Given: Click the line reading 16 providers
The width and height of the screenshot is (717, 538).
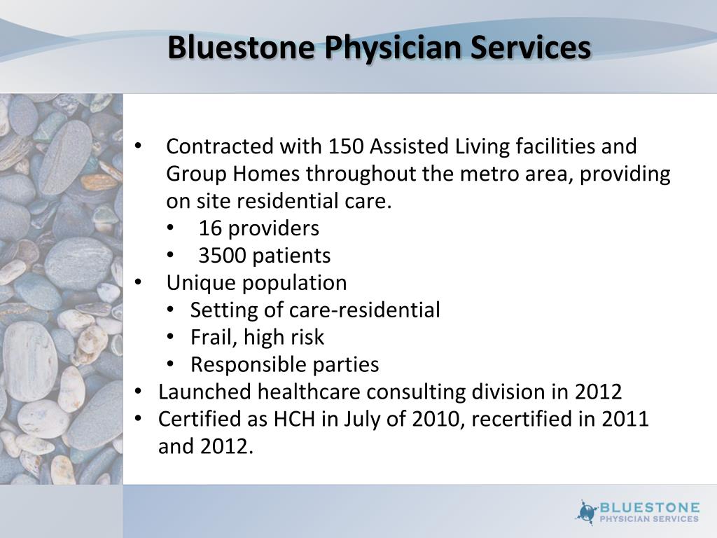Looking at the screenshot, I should click(258, 228).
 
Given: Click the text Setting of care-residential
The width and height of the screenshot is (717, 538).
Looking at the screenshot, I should click(315, 310).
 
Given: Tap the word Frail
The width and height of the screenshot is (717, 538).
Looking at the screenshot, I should click(215, 337).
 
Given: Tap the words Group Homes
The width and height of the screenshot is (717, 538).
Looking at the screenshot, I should click(232, 174).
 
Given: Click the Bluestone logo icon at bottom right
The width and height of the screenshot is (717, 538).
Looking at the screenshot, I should click(587, 512).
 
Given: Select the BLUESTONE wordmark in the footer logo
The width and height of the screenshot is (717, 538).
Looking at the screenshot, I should click(649, 506).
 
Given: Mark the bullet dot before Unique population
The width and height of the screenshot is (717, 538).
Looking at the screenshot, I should click(139, 283).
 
